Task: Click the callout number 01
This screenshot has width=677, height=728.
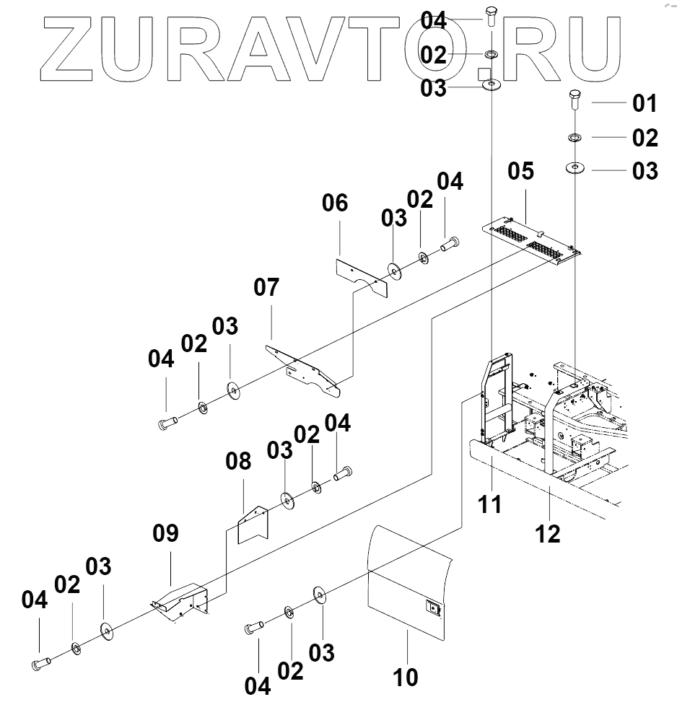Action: (645, 103)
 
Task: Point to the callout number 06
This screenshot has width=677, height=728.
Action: (335, 203)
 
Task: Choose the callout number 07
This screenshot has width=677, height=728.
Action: (266, 287)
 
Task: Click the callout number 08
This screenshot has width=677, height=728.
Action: (240, 460)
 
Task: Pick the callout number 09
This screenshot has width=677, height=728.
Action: (166, 534)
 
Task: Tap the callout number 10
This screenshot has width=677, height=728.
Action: (406, 677)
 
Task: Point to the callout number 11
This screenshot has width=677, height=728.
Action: (491, 504)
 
